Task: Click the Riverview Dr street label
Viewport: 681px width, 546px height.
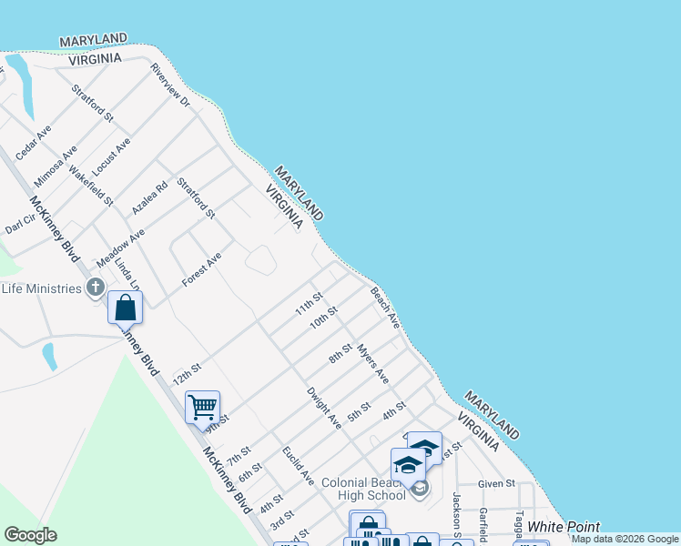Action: pos(170,86)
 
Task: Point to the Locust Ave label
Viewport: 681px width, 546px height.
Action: pos(111,157)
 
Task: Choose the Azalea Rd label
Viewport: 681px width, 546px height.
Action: pos(150,197)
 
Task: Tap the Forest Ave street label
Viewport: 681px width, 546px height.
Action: pos(201,270)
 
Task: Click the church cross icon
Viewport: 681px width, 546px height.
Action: pos(95,288)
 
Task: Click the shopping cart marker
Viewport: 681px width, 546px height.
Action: pos(202,407)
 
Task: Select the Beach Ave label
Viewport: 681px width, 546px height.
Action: pos(385,308)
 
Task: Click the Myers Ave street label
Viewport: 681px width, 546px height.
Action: pos(373,363)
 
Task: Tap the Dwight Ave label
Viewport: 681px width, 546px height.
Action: pos(323,409)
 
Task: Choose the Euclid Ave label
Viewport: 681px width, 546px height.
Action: pos(298,465)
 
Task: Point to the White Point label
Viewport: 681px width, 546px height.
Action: pos(564,527)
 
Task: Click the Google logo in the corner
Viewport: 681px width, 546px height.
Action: pos(31,535)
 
